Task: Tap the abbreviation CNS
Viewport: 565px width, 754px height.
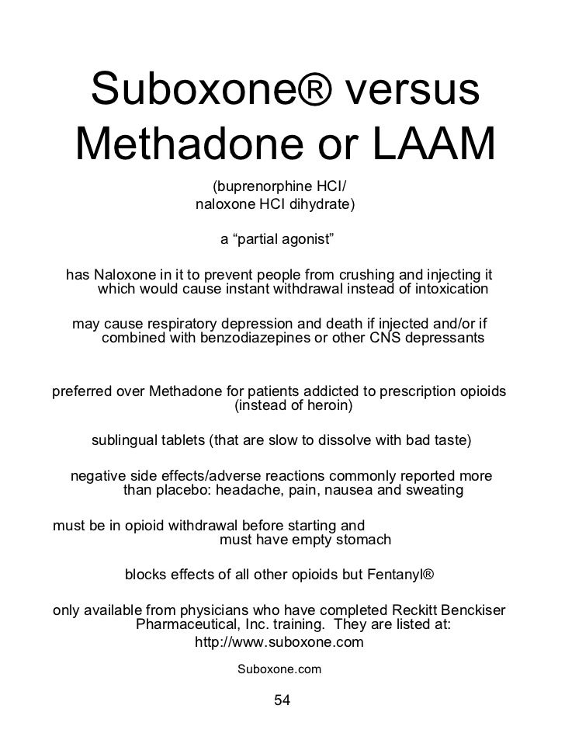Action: click(x=399, y=339)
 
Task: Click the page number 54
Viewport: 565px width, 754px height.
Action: click(x=282, y=700)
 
